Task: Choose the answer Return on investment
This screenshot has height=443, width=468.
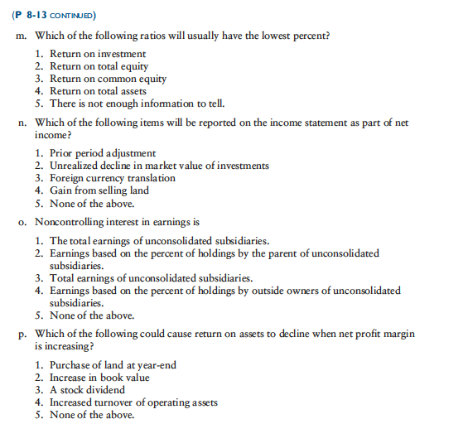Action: tap(97, 55)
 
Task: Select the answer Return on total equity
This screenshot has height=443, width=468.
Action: tap(99, 66)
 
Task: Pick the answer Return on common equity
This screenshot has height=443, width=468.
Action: tap(108, 79)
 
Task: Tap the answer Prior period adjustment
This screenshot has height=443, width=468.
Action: tap(102, 153)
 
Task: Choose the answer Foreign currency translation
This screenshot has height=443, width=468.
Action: tap(112, 178)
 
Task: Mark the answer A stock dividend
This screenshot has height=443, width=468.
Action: tap(87, 390)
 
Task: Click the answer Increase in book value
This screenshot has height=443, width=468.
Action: tap(99, 378)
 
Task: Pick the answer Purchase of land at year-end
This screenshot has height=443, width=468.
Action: tap(113, 365)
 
